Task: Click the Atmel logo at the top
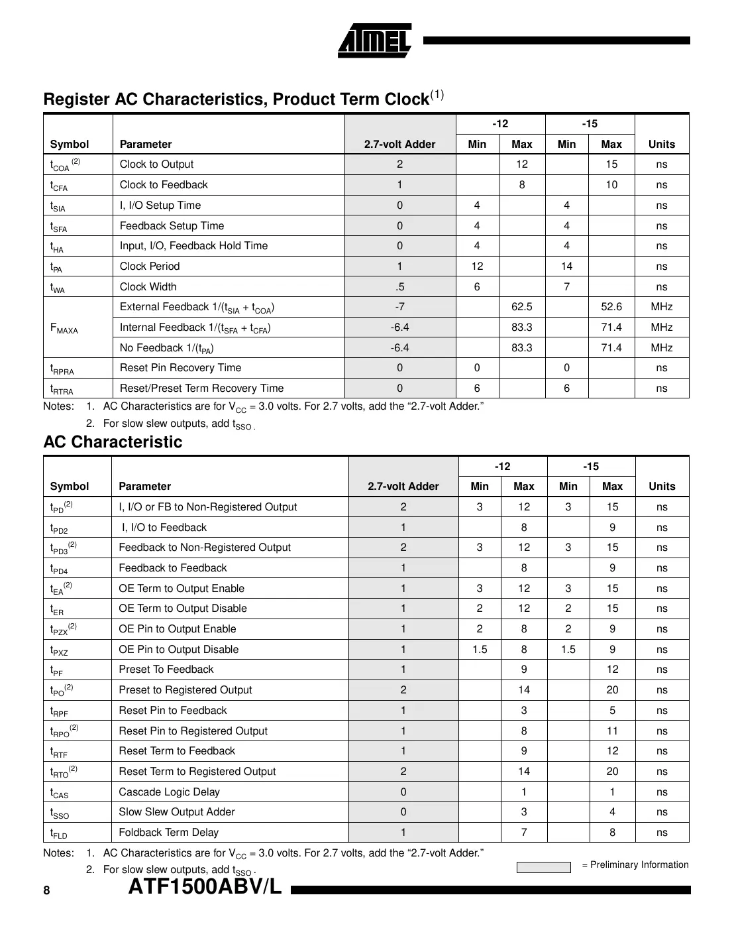(x=375, y=41)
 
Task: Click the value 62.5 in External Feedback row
(x=521, y=307)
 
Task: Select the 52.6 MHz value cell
(x=611, y=307)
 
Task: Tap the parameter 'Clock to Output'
(x=156, y=164)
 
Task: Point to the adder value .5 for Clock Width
(x=399, y=287)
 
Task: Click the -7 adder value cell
(x=399, y=307)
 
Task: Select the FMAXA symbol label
(x=64, y=328)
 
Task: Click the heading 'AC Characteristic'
(x=113, y=442)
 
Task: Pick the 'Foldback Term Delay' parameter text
(x=168, y=833)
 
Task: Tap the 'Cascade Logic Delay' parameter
(x=169, y=792)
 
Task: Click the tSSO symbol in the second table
(x=60, y=813)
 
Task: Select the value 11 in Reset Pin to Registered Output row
(x=612, y=731)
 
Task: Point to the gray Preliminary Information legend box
(x=543, y=867)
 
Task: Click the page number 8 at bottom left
(x=46, y=890)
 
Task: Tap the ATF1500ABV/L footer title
(x=205, y=886)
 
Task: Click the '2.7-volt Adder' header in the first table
(x=399, y=145)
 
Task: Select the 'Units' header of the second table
(x=662, y=487)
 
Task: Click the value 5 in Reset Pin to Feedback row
(x=612, y=711)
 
